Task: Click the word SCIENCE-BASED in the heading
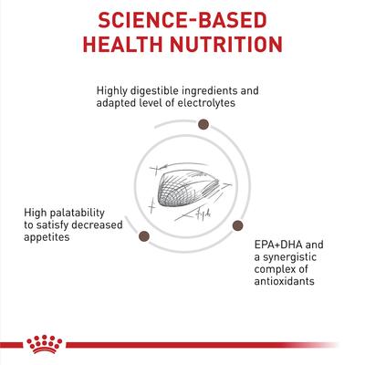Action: click(182, 20)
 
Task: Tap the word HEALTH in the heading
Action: click(122, 45)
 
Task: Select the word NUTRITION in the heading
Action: click(226, 45)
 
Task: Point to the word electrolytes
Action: click(206, 103)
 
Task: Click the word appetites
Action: click(47, 237)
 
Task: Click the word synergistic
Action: click(290, 257)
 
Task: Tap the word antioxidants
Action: click(285, 281)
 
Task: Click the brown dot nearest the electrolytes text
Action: click(203, 124)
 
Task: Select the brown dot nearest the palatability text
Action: click(144, 236)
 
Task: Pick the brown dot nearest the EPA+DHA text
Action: click(237, 225)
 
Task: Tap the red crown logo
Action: click(45, 344)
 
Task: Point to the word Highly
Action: click(112, 91)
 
